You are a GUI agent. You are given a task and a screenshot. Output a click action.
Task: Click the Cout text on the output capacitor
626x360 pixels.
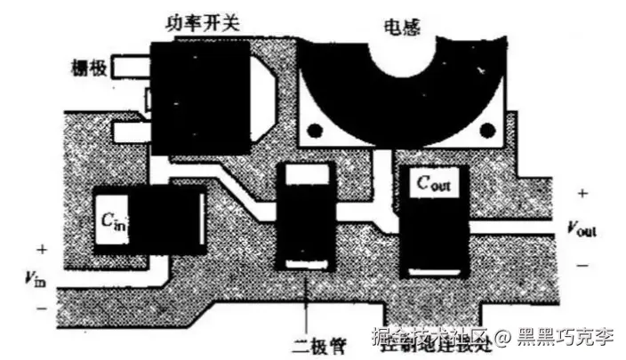click(x=431, y=184)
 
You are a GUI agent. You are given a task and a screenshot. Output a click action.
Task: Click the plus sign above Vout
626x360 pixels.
click(x=582, y=193)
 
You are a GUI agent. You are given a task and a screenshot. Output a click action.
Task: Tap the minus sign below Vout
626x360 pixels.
click(x=582, y=264)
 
